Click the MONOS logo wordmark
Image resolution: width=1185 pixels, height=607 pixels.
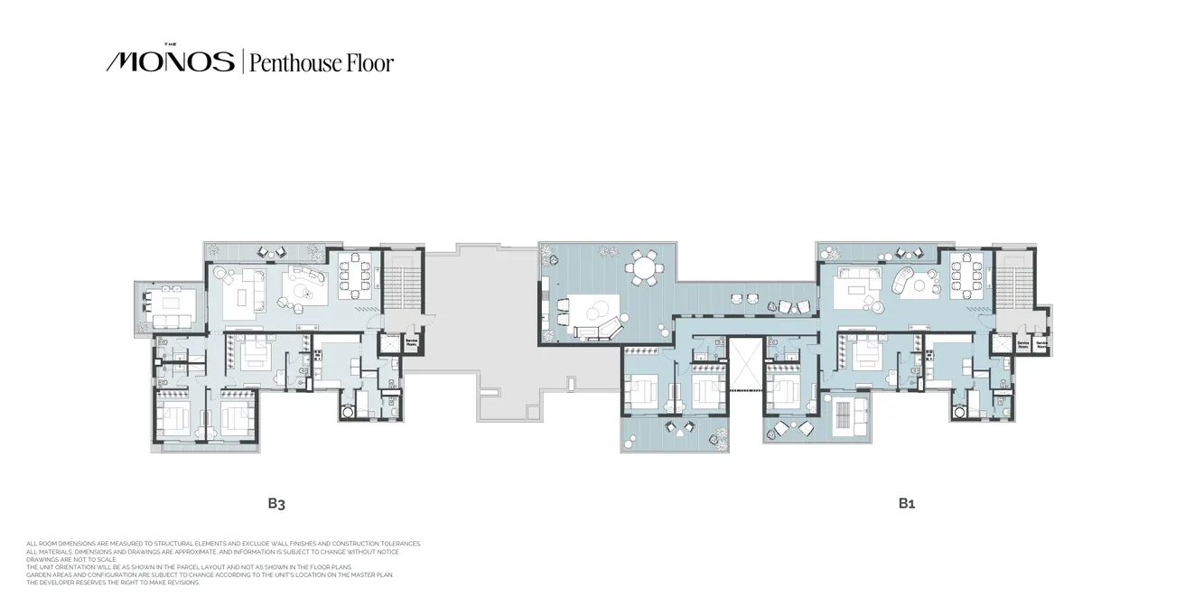coord(170,61)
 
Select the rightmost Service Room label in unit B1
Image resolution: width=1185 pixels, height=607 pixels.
coord(1041,344)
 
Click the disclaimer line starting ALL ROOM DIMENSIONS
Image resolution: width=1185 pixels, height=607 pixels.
coord(224,544)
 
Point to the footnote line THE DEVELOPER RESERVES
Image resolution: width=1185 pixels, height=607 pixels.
coord(113,583)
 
